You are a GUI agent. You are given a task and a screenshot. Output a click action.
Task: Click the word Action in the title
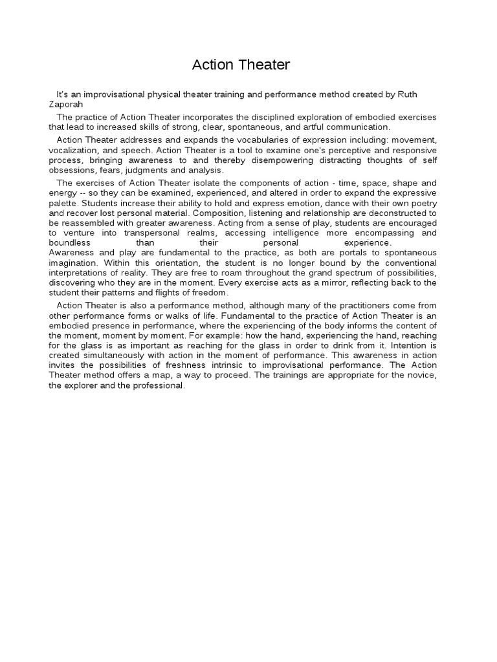point(212,65)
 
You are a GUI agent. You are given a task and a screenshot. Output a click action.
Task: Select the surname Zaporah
point(67,104)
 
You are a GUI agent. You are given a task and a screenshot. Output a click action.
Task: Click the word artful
point(301,127)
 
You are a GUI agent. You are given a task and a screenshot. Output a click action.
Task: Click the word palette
point(63,204)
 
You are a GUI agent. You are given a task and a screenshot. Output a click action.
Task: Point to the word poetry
point(423,204)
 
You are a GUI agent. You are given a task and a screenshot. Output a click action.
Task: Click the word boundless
point(69,242)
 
